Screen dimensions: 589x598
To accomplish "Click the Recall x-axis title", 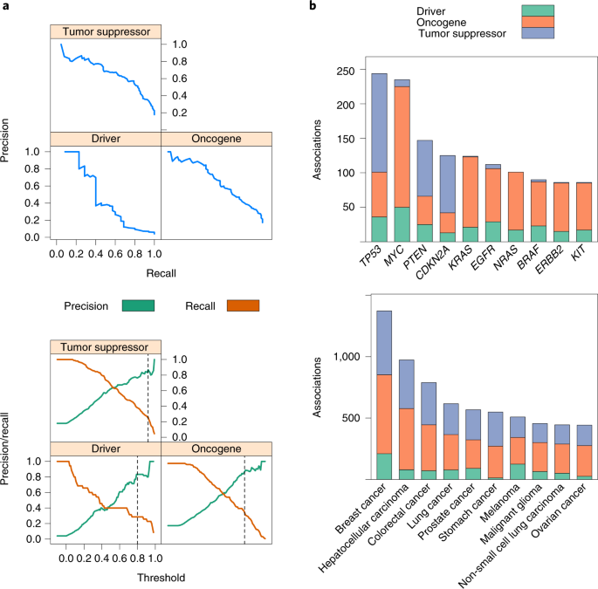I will [161, 273].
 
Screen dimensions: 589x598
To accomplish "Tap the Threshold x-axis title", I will [161, 576].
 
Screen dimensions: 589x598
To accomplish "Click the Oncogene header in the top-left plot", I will [217, 139].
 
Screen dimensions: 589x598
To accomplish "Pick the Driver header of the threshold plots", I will [105, 448].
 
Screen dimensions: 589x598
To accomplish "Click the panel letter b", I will [316, 8].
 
